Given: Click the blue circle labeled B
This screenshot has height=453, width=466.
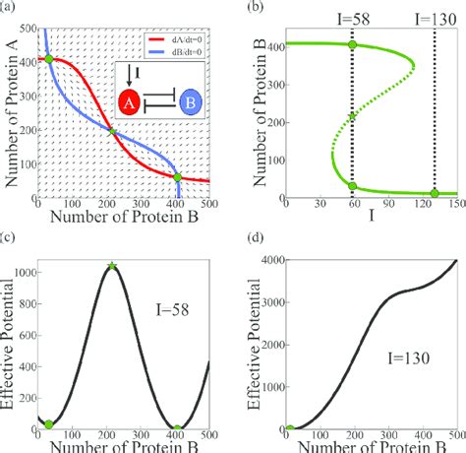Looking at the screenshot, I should (190, 101).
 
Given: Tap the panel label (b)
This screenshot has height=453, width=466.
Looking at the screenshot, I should (257, 7).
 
